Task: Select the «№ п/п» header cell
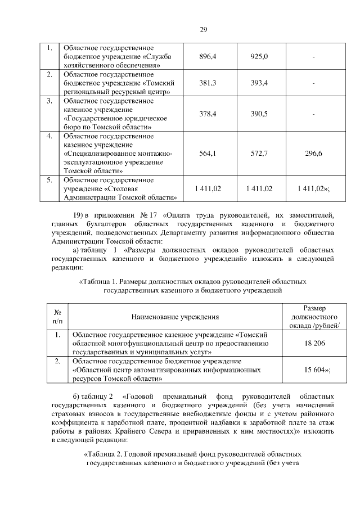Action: coord(57,318)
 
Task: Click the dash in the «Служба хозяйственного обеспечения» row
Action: coord(313,57)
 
